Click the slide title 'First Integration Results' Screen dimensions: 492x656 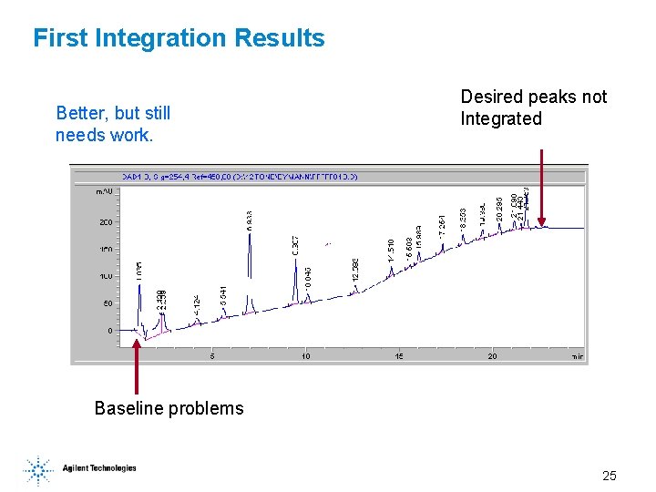179,38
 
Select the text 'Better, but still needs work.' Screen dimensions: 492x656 113,125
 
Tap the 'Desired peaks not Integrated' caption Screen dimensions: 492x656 533,108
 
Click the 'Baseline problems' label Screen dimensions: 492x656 169,408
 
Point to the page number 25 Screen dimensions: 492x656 609,476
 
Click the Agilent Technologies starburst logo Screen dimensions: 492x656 38,469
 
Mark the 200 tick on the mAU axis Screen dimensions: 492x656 105,222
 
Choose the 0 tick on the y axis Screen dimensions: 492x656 110,331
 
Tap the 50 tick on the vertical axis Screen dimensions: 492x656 107,303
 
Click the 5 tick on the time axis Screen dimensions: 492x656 212,356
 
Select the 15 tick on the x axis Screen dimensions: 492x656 399,356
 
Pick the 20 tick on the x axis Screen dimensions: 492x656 493,356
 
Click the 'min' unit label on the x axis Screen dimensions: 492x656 577,356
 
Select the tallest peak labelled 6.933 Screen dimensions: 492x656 249,255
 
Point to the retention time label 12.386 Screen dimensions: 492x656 355,269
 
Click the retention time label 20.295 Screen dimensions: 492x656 499,209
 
